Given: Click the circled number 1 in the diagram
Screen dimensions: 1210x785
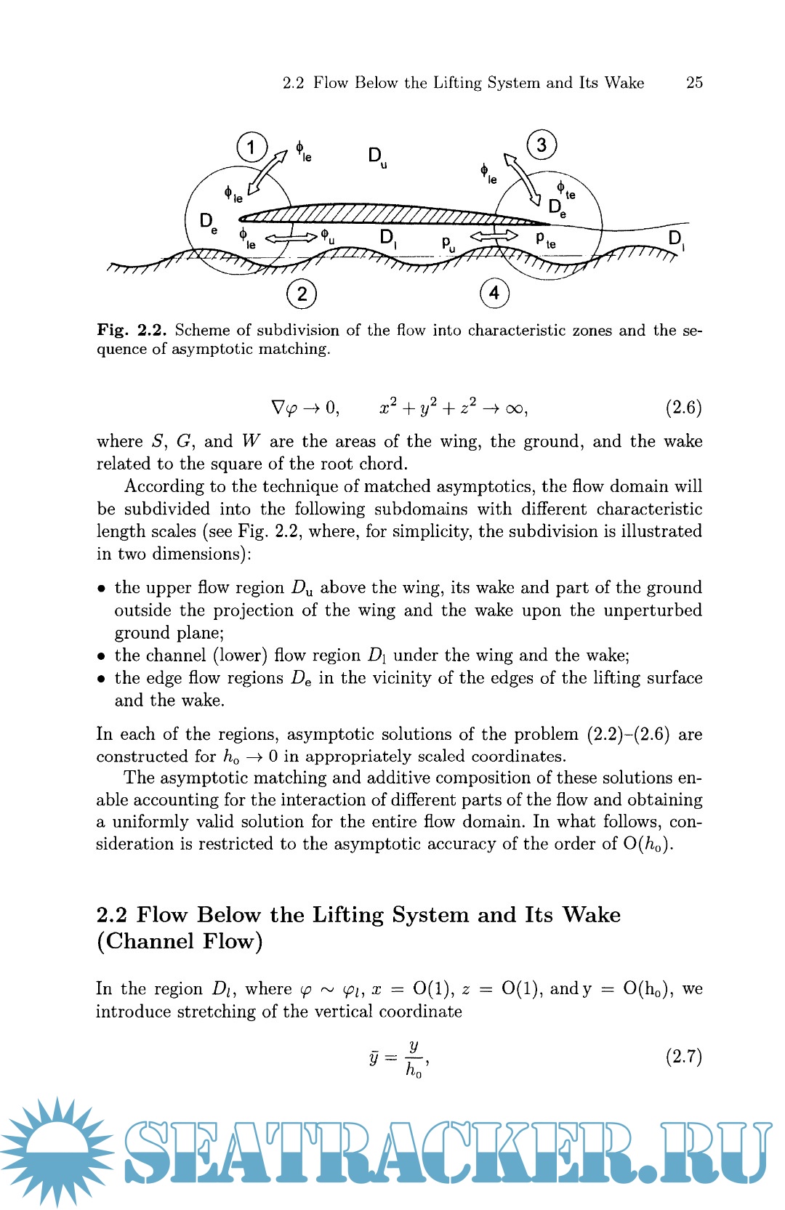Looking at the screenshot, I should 251,148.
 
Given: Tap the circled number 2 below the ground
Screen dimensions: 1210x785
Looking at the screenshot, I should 302,294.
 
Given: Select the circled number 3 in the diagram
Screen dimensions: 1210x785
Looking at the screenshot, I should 542,145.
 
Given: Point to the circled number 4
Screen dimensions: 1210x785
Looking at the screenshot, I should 494,293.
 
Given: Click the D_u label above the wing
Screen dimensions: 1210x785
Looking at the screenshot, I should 377,157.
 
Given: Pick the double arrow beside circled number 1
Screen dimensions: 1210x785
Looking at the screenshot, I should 268,172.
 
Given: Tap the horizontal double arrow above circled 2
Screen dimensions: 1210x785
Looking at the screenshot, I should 291,236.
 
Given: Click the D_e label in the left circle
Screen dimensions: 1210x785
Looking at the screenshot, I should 209,222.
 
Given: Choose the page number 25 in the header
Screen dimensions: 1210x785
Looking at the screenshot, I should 694,83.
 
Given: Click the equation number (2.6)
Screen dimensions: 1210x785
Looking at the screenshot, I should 683,407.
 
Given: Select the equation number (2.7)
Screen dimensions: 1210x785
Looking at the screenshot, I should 683,1056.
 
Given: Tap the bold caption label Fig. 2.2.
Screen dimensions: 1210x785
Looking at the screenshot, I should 132,330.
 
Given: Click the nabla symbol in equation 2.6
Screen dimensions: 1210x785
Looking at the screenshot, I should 278,408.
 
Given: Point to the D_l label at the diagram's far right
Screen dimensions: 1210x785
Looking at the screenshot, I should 676,239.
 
